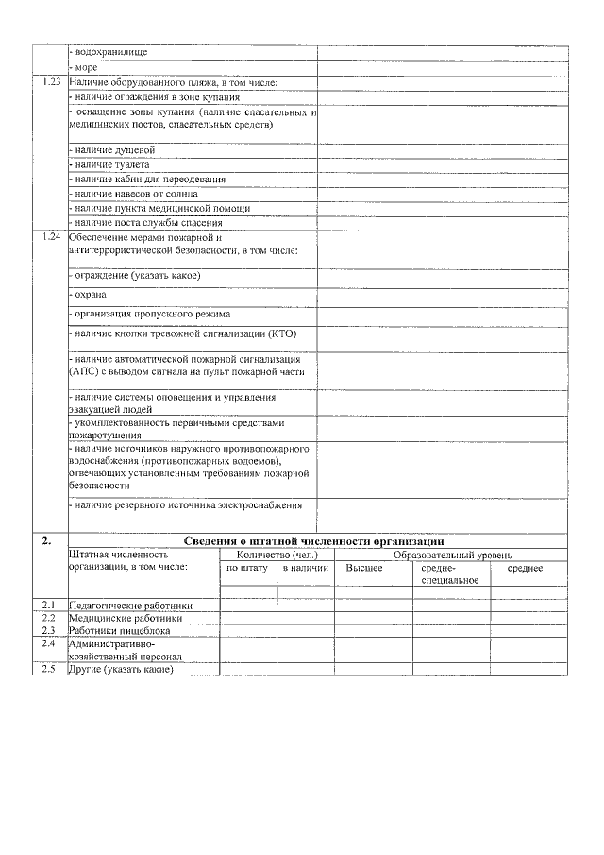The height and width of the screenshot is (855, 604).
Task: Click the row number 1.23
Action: pos(52,82)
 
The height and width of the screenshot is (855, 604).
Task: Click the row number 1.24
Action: pos(52,236)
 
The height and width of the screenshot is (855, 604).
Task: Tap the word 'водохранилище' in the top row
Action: pos(111,52)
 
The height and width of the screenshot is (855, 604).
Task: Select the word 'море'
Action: pos(86,67)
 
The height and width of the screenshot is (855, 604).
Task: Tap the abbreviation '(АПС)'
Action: pos(84,372)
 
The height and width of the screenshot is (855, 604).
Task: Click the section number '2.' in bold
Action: pos(47,540)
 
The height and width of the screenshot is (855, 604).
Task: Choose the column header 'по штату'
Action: pos(247,568)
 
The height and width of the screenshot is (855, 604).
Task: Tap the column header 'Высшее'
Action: pos(363,568)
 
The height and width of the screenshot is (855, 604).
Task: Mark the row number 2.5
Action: pos(49,669)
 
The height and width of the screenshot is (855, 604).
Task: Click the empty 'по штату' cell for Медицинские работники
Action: pos(247,618)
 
